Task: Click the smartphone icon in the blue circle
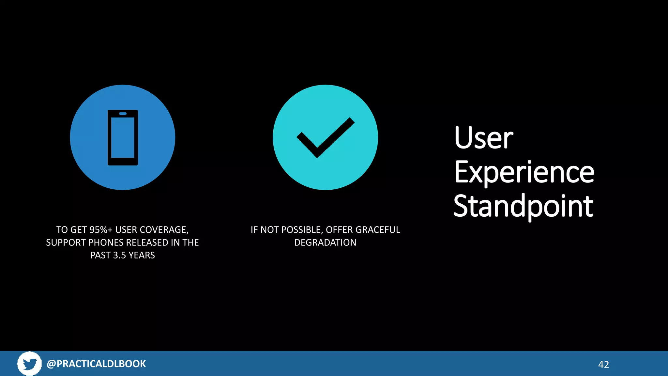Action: coord(123,137)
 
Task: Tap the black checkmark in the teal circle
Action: coord(325,137)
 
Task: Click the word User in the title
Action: coord(483,138)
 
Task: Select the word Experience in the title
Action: coord(524,172)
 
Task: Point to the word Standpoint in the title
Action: coord(523,206)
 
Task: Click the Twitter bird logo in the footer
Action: coord(30,364)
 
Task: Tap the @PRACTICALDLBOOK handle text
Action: coord(96,364)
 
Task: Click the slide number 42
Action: coord(603,365)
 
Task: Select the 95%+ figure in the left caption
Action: coord(101,230)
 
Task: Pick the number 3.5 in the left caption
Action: coord(119,255)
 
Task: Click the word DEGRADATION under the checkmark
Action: coord(325,243)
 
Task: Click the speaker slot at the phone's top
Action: coord(123,114)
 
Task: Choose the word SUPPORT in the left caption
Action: coord(66,243)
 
